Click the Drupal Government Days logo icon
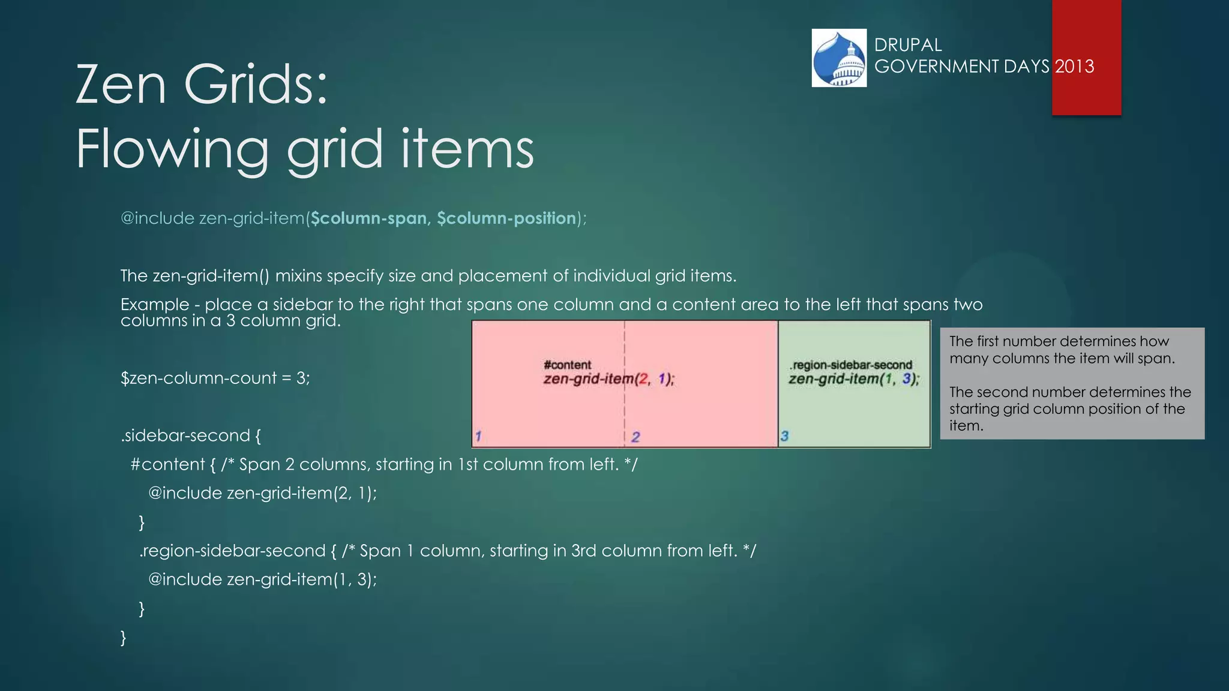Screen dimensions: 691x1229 pyautogui.click(x=839, y=58)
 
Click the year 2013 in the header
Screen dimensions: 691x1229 pyautogui.click(x=1074, y=66)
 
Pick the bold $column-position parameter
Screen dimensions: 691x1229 pyautogui.click(x=506, y=218)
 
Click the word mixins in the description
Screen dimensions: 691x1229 pyautogui.click(x=298, y=276)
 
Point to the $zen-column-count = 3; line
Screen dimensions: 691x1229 pyautogui.click(x=215, y=378)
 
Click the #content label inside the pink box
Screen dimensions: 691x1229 pyautogui.click(x=567, y=365)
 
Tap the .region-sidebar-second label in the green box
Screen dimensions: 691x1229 pyautogui.click(x=851, y=365)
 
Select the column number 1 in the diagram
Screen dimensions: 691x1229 pyautogui.click(x=478, y=436)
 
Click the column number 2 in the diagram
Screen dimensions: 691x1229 pyautogui.click(x=636, y=437)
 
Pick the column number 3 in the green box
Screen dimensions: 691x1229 pyautogui.click(x=784, y=436)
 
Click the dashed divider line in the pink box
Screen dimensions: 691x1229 pyautogui.click(x=625, y=408)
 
